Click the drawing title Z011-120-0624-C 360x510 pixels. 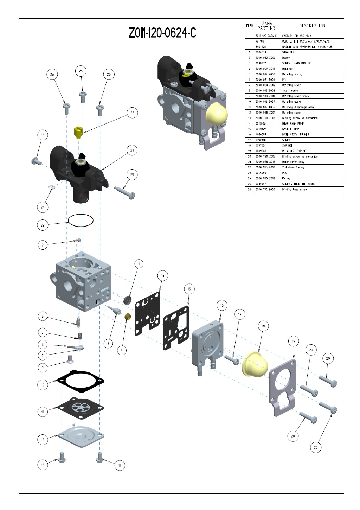pos(162,33)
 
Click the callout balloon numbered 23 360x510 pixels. pos(132,113)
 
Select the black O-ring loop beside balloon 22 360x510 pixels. pos(81,221)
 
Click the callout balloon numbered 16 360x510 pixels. pos(222,305)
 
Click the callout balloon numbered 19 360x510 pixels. pos(294,341)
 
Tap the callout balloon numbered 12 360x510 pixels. pos(43,440)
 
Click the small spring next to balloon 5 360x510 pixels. pos(80,336)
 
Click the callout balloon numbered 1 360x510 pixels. pos(139,264)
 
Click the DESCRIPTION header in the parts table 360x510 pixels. pos(312,26)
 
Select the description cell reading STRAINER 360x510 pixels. pos(288,52)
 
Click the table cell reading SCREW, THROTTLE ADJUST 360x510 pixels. pos(299,184)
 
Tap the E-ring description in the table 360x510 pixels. pos(286,178)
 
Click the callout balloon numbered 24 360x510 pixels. pos(43,207)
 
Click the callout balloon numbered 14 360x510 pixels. pos(162,276)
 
